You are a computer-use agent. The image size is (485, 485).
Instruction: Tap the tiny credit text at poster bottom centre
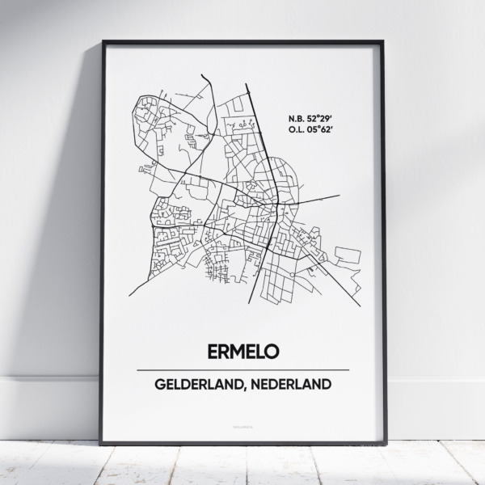242,420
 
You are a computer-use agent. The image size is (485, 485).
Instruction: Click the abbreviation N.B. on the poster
297,120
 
